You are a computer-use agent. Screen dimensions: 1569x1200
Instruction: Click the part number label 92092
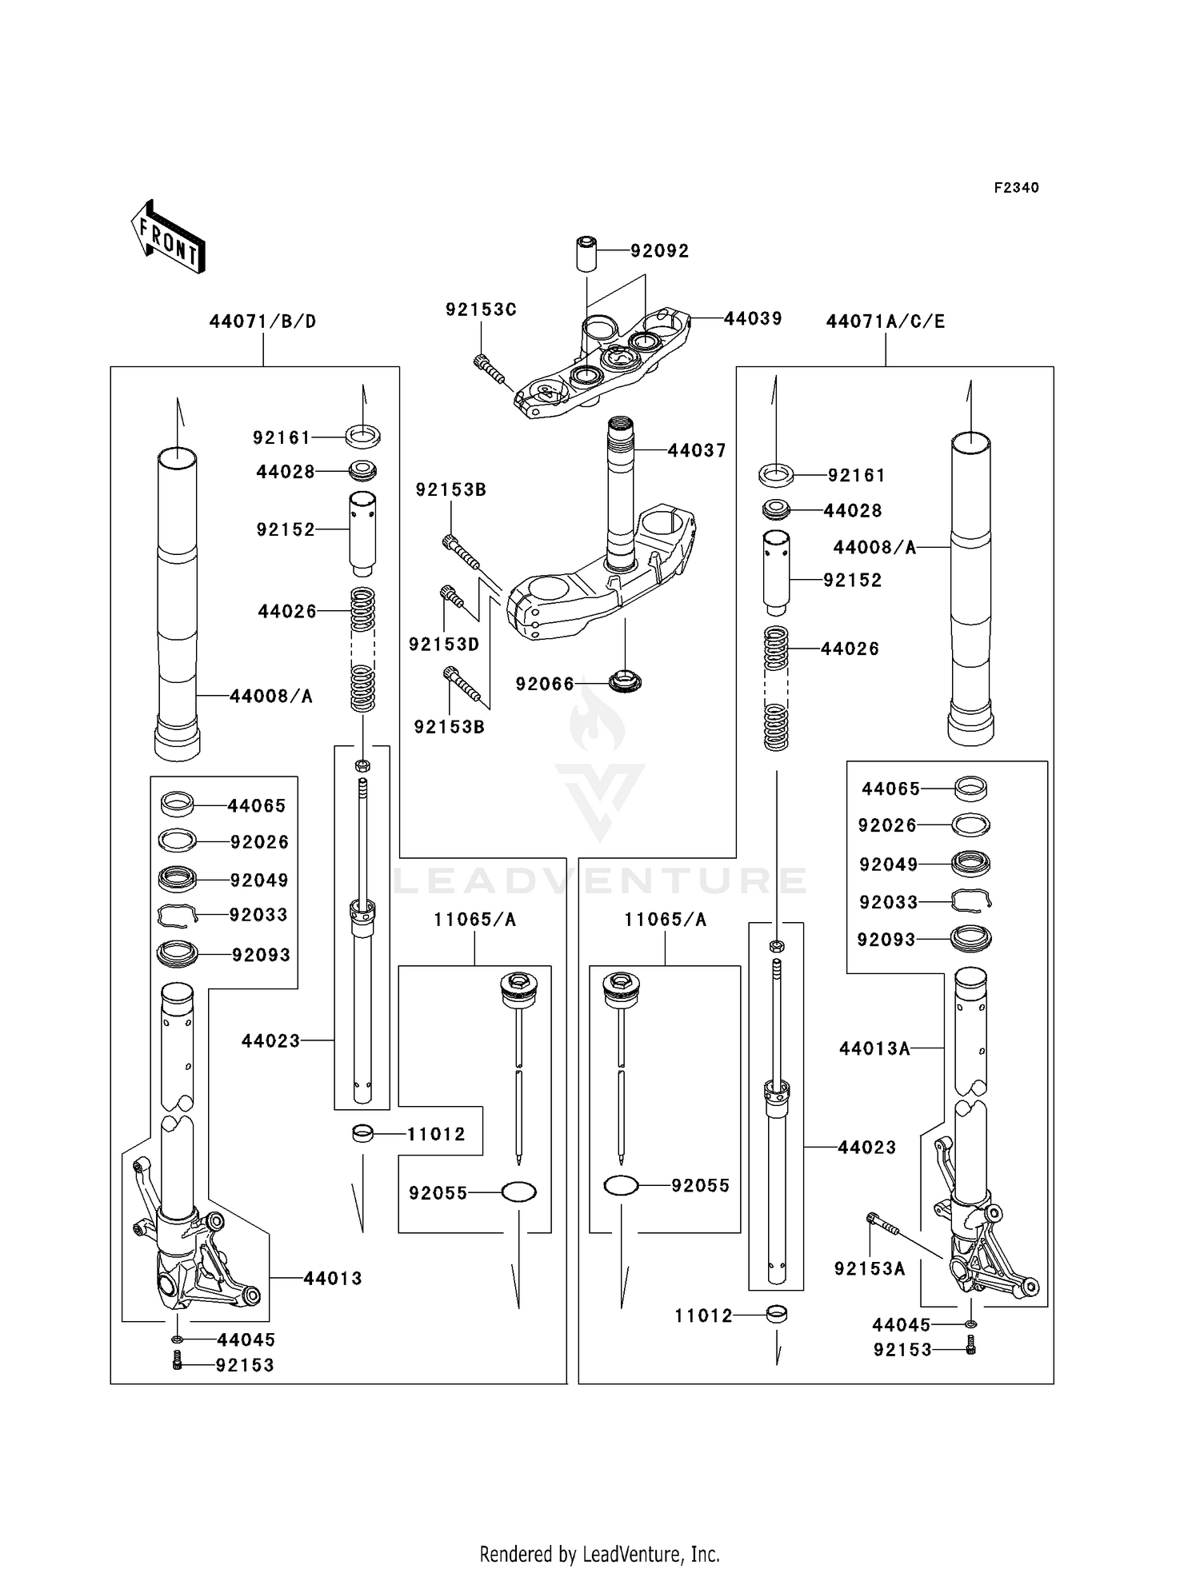(x=659, y=251)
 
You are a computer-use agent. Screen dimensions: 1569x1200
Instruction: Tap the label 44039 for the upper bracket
(x=753, y=318)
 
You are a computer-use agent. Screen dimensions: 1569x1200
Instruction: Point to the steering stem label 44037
(x=697, y=451)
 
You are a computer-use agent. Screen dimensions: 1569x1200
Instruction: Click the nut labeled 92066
(x=625, y=682)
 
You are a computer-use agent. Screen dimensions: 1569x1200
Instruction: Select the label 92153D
(x=444, y=645)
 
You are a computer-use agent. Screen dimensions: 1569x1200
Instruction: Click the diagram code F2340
(x=1016, y=188)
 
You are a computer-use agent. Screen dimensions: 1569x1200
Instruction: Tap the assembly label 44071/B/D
(x=262, y=321)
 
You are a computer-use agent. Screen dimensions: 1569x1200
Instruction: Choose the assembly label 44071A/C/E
(x=885, y=321)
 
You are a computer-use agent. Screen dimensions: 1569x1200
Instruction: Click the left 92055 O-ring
(x=518, y=1192)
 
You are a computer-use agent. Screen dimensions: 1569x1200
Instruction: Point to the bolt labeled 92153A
(x=882, y=1223)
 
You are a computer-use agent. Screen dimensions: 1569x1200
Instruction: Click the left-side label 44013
(x=333, y=1279)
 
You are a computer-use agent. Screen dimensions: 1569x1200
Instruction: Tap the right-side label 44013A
(x=874, y=1048)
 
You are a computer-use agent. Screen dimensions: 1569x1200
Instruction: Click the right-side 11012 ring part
(x=776, y=1314)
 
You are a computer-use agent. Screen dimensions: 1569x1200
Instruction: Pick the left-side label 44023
(x=270, y=1041)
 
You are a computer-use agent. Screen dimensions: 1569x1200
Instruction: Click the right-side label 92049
(x=888, y=864)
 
